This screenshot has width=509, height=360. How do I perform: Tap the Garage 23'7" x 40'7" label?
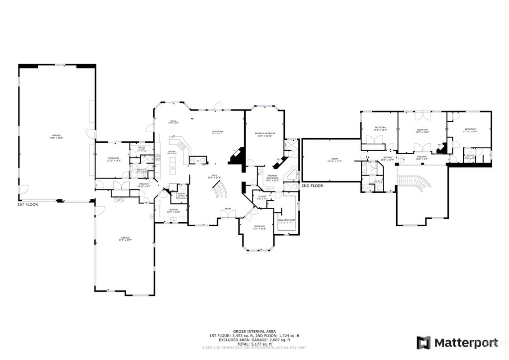point(125,239)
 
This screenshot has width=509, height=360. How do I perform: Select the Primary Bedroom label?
point(265,134)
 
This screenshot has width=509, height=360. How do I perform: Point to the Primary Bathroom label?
point(272,178)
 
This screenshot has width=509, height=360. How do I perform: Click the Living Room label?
point(218,132)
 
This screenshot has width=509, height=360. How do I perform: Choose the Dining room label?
point(173,122)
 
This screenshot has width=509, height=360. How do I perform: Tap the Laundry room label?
point(173,211)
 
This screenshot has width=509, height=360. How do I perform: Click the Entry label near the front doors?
point(228,209)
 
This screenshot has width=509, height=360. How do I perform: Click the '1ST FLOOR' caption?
point(28,204)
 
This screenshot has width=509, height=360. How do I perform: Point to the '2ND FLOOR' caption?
point(312,185)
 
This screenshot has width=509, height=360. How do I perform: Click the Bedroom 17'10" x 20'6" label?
point(470,130)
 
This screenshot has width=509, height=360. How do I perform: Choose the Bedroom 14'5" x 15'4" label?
point(380,128)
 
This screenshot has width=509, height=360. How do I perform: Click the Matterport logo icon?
point(423,343)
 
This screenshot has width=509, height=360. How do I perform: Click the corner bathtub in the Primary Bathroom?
point(292,175)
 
